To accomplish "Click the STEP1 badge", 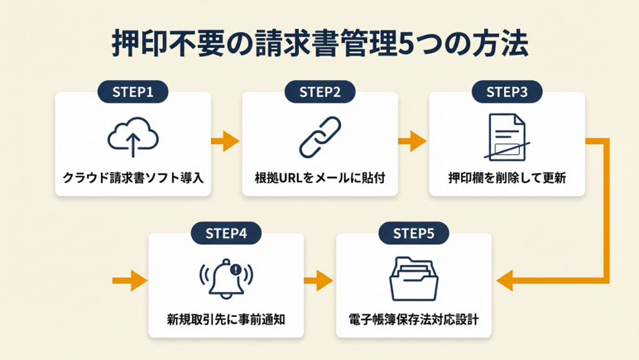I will pyautogui.click(x=133, y=92).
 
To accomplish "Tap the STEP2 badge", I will pyautogui.click(x=320, y=92).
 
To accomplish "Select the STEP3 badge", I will pyautogui.click(x=507, y=92).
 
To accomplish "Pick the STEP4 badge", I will pyautogui.click(x=227, y=233).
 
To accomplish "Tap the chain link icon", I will pyautogui.click(x=319, y=137).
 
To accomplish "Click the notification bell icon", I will pyautogui.click(x=226, y=277).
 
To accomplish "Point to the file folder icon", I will pyautogui.click(x=413, y=279).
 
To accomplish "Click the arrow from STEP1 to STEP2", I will pyautogui.click(x=225, y=142).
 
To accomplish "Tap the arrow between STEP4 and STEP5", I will pyautogui.click(x=319, y=281).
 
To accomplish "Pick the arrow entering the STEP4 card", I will pyautogui.click(x=131, y=281).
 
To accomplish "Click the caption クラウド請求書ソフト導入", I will pyautogui.click(x=133, y=178).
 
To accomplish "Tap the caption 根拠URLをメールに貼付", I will pyautogui.click(x=320, y=178).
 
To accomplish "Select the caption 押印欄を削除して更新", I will pyautogui.click(x=507, y=178).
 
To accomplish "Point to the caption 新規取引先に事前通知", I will pyautogui.click(x=227, y=319).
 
